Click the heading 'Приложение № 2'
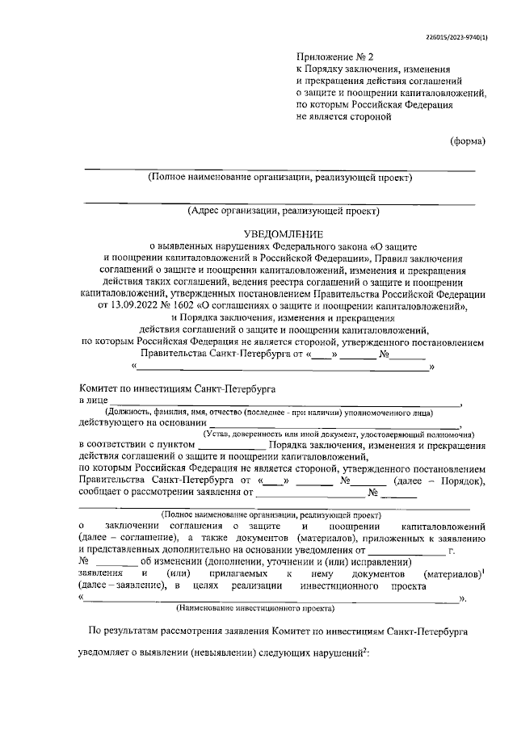pos(330,58)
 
